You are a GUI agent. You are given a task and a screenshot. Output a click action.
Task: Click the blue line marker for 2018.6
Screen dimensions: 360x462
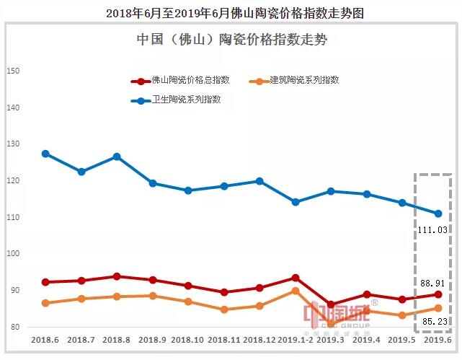coord(45,154)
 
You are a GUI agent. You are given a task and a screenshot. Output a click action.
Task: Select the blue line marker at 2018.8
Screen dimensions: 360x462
coord(117,157)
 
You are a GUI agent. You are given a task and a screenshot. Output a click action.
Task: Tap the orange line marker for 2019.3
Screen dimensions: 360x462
coord(331,323)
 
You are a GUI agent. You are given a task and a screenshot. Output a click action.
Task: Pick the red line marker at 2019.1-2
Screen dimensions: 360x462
coord(296,278)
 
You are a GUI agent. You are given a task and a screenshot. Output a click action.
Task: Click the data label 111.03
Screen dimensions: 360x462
coord(432,229)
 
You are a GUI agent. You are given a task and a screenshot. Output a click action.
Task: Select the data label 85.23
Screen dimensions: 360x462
coord(432,321)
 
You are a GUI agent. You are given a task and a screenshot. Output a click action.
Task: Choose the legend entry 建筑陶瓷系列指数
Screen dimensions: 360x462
coord(296,81)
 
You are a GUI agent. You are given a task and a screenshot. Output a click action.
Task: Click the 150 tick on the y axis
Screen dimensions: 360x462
coord(12,71)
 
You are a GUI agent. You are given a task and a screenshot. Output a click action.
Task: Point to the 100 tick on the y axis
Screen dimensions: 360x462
coord(12,254)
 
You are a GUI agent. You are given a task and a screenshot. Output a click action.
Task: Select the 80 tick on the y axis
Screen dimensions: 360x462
coord(12,328)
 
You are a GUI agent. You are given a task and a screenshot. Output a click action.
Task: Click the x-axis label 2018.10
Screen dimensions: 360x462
coord(188,338)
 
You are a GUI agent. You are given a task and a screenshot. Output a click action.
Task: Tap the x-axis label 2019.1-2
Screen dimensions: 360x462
coord(296,338)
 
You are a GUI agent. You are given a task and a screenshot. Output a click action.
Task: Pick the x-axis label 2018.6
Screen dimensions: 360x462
coord(45,338)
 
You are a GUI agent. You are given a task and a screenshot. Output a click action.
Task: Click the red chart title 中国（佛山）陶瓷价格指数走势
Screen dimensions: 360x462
coord(231,40)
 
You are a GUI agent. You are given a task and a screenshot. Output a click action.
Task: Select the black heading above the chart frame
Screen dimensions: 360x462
coord(231,12)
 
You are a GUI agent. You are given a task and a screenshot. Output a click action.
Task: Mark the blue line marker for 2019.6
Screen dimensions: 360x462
coord(437,214)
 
